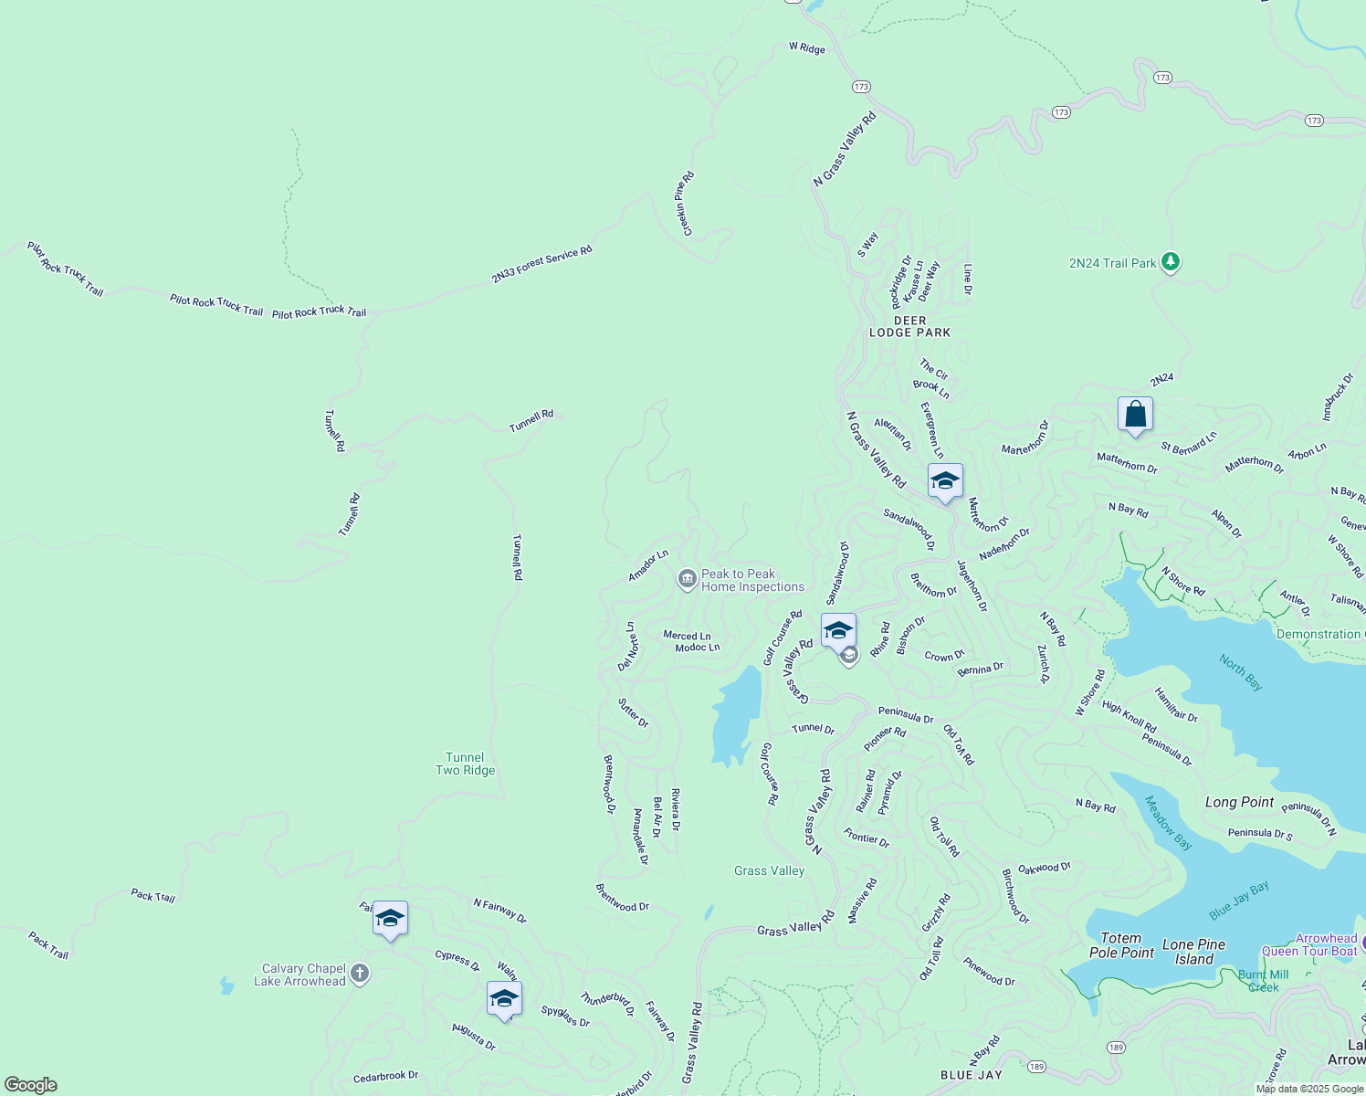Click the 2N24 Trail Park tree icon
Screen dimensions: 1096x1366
tap(1171, 263)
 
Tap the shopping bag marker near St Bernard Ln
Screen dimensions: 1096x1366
tap(1135, 415)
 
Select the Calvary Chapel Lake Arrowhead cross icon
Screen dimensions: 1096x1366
tap(360, 974)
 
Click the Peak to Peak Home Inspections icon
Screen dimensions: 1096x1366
tap(687, 579)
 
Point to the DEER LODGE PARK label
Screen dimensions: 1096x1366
tap(909, 327)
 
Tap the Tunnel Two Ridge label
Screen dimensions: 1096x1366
tap(465, 764)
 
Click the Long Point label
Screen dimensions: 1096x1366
tap(1239, 802)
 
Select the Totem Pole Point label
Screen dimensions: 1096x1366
tap(1121, 945)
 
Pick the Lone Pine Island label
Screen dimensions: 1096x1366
tap(1194, 952)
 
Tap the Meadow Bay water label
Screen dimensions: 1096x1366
tap(1168, 823)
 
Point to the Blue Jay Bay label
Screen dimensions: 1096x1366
tap(1238, 901)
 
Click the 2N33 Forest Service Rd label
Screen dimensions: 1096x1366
tap(541, 264)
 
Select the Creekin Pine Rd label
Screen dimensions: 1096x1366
tap(684, 204)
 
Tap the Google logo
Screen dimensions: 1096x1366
tap(31, 1084)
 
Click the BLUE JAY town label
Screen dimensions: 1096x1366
tap(972, 1075)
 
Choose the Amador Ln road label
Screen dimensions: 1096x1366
tap(648, 565)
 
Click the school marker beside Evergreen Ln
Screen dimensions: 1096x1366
tap(945, 480)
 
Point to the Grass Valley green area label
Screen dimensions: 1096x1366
tap(769, 870)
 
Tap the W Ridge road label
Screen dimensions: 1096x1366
tap(807, 48)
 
